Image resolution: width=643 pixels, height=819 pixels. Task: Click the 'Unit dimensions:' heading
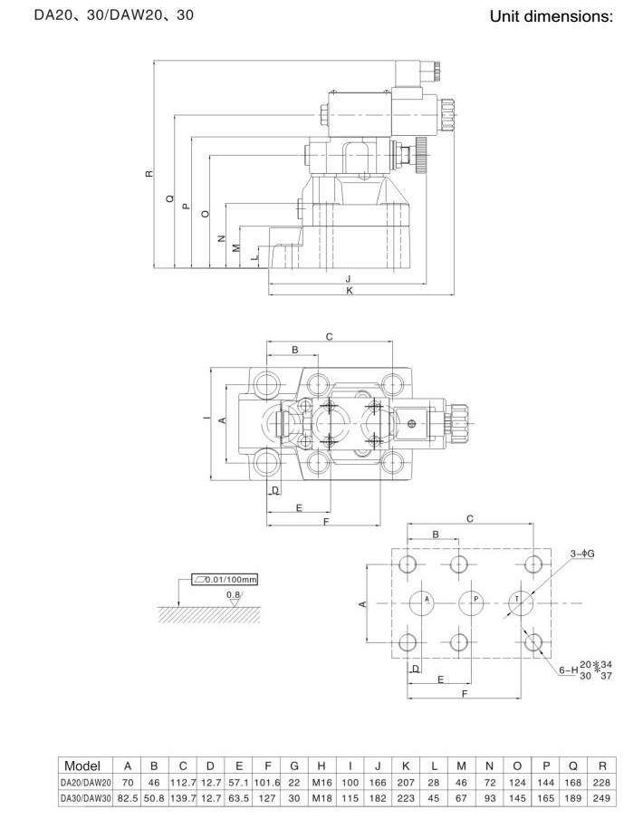point(552,16)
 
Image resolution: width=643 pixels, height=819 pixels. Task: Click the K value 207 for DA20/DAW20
point(406,783)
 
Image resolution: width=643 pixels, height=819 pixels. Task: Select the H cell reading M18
point(321,798)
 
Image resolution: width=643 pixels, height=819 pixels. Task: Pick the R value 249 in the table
point(601,798)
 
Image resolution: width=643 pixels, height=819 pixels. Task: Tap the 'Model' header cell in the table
point(82,766)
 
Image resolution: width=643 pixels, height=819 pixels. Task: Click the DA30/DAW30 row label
point(86,798)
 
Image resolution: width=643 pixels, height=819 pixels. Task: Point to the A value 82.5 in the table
point(128,798)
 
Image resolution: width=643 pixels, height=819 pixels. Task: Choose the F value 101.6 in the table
point(267,783)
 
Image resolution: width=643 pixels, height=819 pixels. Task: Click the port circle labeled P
point(471,603)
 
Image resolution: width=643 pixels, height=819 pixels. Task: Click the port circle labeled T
point(521,603)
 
